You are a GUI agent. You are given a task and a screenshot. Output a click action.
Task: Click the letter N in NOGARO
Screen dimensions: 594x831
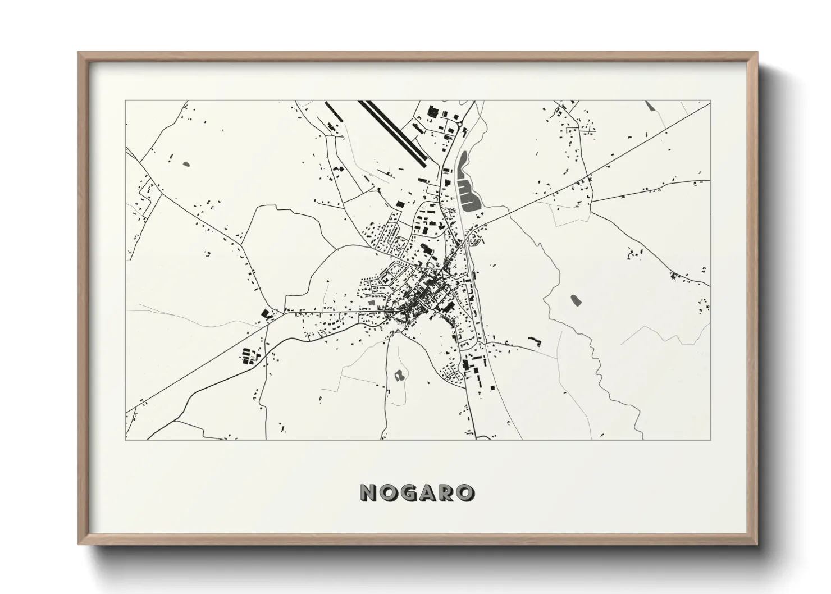tap(369, 492)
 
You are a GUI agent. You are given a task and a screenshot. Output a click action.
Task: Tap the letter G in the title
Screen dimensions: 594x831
tap(408, 492)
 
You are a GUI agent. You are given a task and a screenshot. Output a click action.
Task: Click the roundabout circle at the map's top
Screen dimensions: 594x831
tap(459, 124)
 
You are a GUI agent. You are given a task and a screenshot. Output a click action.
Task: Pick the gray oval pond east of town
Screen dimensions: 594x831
tap(574, 300)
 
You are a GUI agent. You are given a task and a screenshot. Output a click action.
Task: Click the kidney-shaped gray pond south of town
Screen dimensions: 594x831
tap(399, 375)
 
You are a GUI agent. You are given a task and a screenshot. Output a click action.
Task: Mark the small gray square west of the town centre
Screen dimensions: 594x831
tap(371, 303)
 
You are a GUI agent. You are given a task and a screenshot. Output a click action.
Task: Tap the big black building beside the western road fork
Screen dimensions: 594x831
tap(265, 314)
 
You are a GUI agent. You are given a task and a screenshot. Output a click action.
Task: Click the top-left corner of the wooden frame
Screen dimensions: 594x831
tap(79, 53)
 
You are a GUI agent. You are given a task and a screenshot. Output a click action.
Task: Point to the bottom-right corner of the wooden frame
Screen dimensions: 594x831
tap(756, 544)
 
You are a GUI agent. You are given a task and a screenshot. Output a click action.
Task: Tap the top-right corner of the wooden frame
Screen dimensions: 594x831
tap(756, 53)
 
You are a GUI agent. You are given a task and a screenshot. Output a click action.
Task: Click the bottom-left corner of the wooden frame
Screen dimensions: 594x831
tap(79, 544)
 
